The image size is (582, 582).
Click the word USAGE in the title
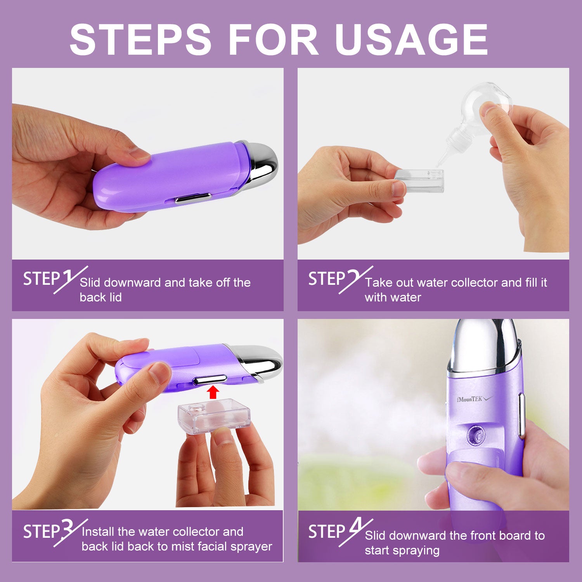(x=411, y=40)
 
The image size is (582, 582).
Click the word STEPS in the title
(x=140, y=40)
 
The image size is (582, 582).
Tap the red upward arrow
(x=212, y=392)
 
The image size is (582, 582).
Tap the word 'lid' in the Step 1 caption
(x=115, y=297)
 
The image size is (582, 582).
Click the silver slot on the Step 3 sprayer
(x=210, y=379)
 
